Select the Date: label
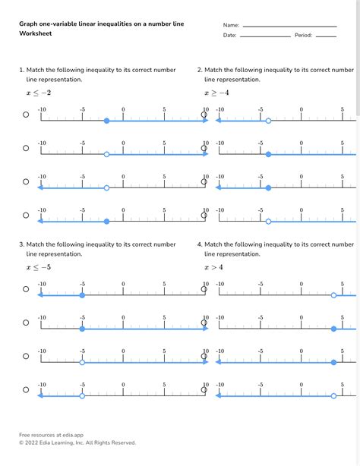(x=230, y=35)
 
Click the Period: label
(x=303, y=35)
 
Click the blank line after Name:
(x=289, y=27)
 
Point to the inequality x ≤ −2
(x=39, y=93)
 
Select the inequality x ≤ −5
(x=39, y=267)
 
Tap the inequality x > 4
(x=213, y=267)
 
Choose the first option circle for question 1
(x=26, y=115)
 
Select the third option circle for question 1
(x=26, y=182)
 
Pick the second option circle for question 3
(x=26, y=323)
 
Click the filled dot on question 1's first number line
(x=106, y=121)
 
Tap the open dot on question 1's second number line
(x=106, y=154)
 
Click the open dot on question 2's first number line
(x=268, y=121)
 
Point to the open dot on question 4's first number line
(x=333, y=295)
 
